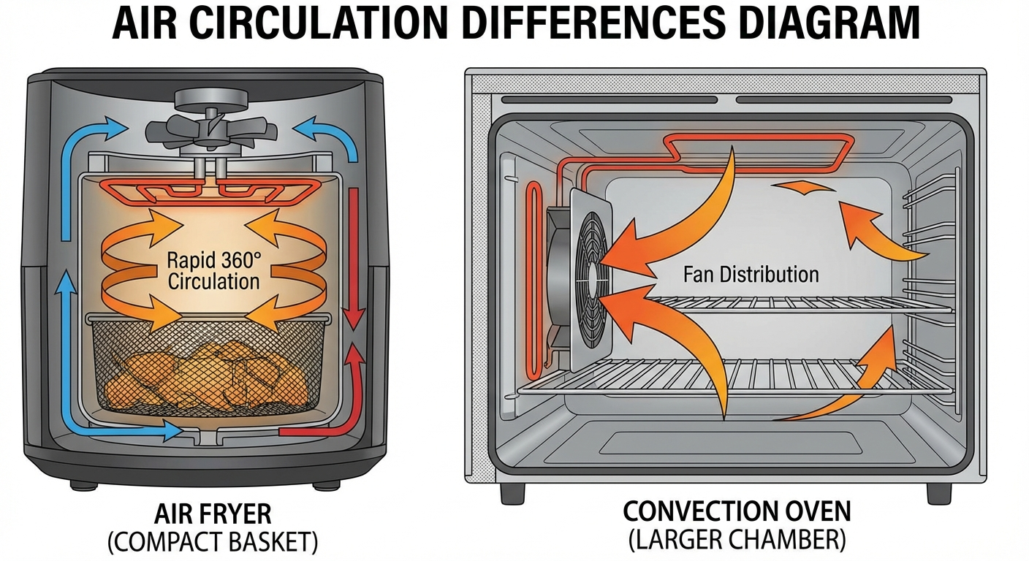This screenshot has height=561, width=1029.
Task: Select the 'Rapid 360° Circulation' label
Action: [x=213, y=270]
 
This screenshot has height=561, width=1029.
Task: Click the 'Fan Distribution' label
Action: [x=751, y=275]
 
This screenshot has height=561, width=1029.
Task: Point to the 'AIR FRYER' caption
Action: [x=213, y=514]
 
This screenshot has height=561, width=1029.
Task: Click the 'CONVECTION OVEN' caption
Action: [x=738, y=511]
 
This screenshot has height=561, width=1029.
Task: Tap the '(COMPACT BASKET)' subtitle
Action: [x=213, y=543]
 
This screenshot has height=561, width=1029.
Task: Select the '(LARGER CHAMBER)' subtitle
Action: [x=737, y=541]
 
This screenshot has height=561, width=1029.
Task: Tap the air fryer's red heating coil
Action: [x=211, y=192]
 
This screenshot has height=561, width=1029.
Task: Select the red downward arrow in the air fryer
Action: [x=354, y=256]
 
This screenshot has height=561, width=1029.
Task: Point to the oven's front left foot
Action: [x=512, y=492]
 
